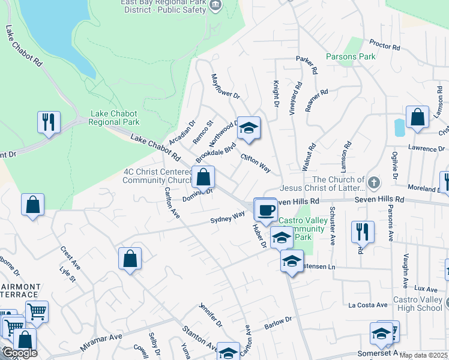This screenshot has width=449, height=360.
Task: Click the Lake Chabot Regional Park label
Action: tap(113, 118)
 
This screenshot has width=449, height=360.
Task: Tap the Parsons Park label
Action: tap(351, 56)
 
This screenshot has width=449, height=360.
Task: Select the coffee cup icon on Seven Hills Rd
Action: tap(265, 210)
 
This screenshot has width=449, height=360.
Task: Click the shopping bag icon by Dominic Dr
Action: tap(203, 177)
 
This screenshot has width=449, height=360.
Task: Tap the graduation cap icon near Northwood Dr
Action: tap(249, 128)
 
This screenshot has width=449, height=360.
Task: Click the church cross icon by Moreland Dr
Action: tap(373, 181)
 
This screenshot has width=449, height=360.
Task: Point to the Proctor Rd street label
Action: tap(385, 45)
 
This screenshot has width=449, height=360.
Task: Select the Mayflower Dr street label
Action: tap(225, 87)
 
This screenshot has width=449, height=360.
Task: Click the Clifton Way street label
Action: tap(256, 164)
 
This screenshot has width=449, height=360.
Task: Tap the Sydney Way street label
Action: tap(228, 217)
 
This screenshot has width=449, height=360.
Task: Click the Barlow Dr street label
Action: tap(277, 324)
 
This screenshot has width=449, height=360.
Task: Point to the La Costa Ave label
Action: tap(368, 305)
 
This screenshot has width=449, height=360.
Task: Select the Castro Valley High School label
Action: tap(418, 304)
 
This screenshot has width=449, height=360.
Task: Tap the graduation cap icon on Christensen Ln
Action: tap(292, 262)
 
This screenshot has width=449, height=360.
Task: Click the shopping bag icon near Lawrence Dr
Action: tap(417, 118)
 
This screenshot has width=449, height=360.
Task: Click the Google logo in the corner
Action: tap(19, 353)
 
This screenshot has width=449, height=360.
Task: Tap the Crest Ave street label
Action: tap(70, 257)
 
